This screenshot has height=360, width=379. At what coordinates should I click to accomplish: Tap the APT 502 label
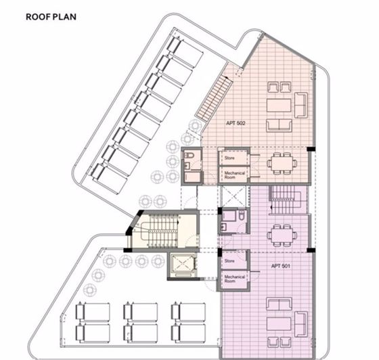[236, 124]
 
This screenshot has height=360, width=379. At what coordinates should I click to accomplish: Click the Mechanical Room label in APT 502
[231, 175]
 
